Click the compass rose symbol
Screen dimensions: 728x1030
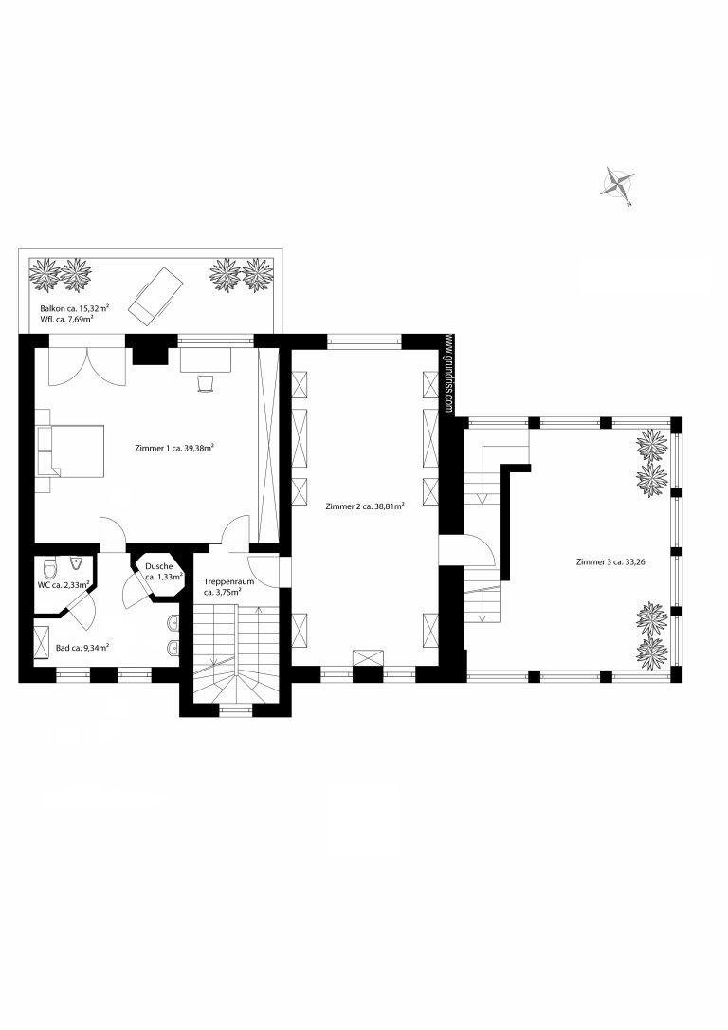tap(618, 183)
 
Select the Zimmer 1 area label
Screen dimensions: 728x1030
tap(175, 448)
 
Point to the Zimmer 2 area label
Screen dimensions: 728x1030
tap(364, 506)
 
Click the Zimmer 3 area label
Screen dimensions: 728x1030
tap(610, 561)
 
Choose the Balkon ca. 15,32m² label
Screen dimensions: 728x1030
tap(74, 307)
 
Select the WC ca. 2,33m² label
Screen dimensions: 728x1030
tap(64, 584)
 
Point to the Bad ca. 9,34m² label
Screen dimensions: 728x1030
tap(82, 648)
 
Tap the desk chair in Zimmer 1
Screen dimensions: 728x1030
tap(206, 383)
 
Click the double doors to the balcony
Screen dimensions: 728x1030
tap(87, 366)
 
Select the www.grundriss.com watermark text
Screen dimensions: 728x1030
tap(449, 375)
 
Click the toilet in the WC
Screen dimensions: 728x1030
tap(49, 565)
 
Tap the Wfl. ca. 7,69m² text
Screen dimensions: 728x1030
tap(65, 320)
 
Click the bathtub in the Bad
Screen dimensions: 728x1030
tap(42, 643)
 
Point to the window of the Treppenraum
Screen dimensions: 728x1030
tap(235, 708)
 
